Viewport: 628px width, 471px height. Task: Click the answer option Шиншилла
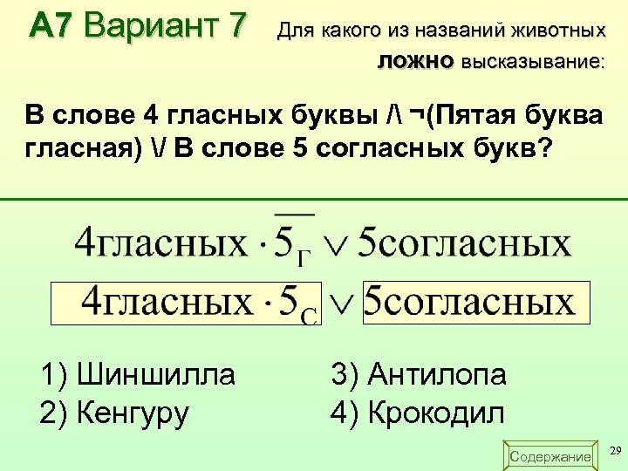point(138,375)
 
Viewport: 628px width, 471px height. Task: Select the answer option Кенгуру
point(114,412)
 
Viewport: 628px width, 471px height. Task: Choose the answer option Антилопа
point(419,375)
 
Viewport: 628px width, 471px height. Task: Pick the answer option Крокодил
point(418,412)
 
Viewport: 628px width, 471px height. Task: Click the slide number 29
point(615,451)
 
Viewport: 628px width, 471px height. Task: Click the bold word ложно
point(416,62)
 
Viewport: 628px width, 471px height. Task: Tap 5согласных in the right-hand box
point(469,302)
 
